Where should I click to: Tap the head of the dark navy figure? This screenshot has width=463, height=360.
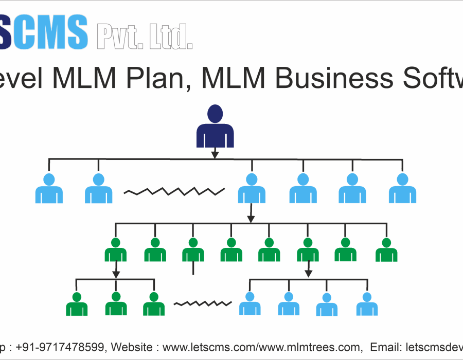(215, 113)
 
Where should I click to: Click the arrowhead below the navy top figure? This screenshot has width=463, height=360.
(215, 154)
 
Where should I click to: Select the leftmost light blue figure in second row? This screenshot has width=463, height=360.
(49, 189)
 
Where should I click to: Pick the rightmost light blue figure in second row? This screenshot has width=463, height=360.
(402, 189)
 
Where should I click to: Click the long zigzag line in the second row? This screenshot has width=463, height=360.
(174, 192)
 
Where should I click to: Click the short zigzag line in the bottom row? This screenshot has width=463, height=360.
(202, 303)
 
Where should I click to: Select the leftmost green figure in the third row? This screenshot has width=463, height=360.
(116, 250)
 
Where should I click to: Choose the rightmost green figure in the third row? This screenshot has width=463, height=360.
(386, 250)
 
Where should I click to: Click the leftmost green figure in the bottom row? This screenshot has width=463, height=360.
(77, 304)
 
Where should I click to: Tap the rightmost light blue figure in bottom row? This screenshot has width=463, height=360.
(367, 304)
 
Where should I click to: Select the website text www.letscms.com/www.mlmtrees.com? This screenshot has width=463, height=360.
(260, 348)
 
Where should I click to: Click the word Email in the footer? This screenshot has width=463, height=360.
(385, 348)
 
